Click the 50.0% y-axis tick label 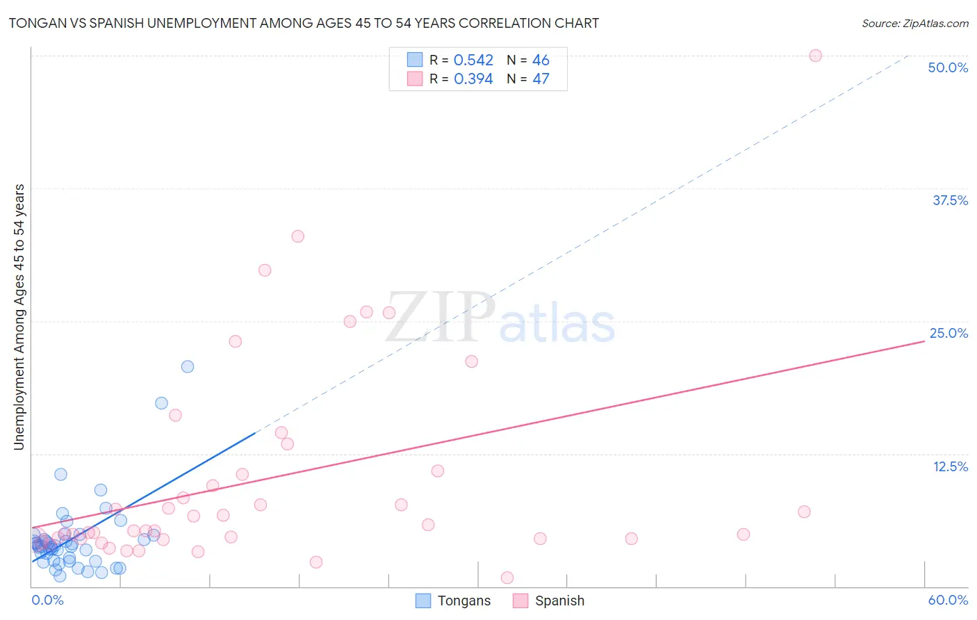(948, 68)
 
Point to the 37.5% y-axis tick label (950, 201)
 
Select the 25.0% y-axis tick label (949, 334)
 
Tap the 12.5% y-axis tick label (950, 466)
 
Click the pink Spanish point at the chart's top (816, 56)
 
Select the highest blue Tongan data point (188, 367)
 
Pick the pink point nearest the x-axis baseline (507, 578)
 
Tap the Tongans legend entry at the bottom (453, 601)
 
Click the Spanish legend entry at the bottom (549, 601)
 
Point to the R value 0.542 (473, 60)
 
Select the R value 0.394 (473, 79)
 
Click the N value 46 (541, 60)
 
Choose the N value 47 (541, 79)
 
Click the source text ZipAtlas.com (914, 24)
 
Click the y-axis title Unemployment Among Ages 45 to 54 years (19, 317)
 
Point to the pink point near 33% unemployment (298, 236)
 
